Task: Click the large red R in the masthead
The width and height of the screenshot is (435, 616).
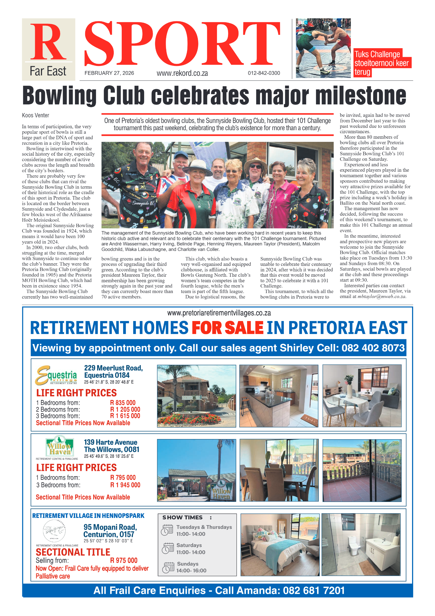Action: pos(48,42)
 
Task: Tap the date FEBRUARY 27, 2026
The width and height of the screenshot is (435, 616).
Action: pos(109,73)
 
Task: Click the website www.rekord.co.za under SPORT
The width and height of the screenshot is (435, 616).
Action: pos(182,73)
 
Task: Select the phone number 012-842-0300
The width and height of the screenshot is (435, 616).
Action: pos(264,73)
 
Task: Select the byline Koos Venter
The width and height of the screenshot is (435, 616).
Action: pos(35,115)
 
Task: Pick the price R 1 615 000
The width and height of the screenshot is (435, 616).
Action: pos(125,416)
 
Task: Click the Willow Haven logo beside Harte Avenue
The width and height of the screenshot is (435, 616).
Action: pos(60,446)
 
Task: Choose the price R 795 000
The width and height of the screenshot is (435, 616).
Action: pos(123,477)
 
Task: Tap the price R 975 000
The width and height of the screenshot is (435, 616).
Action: pos(124,560)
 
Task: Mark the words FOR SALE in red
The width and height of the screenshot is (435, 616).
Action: pos(227,328)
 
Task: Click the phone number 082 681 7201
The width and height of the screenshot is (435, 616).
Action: pos(314,590)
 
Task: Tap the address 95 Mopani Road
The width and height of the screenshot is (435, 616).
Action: pos(110,527)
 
